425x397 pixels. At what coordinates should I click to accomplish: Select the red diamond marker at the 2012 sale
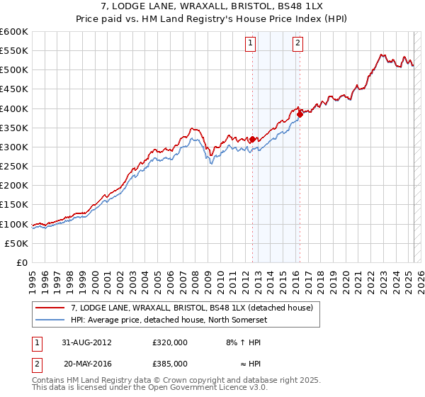pyautogui.click(x=253, y=140)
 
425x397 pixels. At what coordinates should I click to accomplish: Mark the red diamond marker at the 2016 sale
pyautogui.click(x=300, y=113)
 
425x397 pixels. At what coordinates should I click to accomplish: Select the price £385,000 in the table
pyautogui.click(x=170, y=362)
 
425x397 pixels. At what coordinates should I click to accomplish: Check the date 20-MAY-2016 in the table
pyautogui.click(x=87, y=362)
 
